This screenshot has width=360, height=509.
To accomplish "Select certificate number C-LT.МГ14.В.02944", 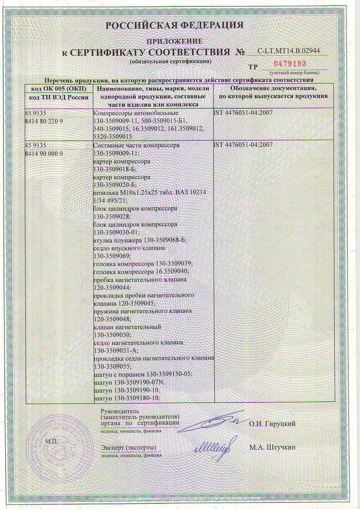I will pos(289,51).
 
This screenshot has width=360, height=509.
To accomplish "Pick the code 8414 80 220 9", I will pos(44,120).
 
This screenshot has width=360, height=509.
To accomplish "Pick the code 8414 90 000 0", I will pos(44,153).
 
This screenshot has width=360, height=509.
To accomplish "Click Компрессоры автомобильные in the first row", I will pos(129,113).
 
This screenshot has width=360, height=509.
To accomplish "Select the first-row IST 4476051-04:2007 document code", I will pos(243,113).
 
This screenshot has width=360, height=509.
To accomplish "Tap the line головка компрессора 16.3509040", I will pos(142,271).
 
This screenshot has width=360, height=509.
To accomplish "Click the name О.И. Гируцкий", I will pos(272,423).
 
